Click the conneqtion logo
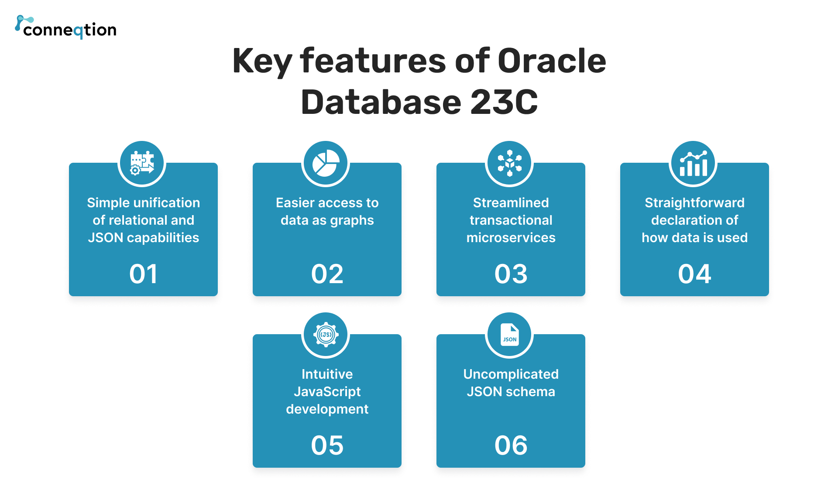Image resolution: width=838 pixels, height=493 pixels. pos(66,28)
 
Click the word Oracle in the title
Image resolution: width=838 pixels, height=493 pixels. pos(552,61)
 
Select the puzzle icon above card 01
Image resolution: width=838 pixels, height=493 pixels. pos(142,163)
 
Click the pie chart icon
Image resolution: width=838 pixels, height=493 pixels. pos(326,163)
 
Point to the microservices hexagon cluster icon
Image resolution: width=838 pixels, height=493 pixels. pos(509,163)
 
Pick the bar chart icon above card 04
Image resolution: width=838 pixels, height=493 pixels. pos(693,163)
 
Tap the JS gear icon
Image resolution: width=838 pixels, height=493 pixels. pos(326,335)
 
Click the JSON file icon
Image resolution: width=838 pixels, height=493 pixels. pos(509,335)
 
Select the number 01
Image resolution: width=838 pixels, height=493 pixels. pos(143,274)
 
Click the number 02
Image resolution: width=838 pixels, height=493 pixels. pos(327,274)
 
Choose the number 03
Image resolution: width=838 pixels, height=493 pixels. pos(511,274)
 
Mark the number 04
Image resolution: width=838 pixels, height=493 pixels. pos(694,274)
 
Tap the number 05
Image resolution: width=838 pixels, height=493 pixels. pos(327,445)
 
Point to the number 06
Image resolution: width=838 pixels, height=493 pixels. pos(511,445)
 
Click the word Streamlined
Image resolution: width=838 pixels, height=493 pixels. pos(511,203)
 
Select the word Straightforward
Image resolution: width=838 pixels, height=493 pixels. pos(694,203)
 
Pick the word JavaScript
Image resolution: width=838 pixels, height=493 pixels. pos(327,392)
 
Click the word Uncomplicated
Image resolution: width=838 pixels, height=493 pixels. pos(511,374)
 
